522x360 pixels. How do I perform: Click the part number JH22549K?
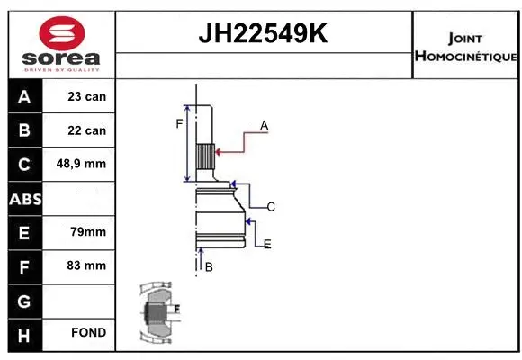(x=264, y=34)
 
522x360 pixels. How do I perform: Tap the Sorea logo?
(x=61, y=44)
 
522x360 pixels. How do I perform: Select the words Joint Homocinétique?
(x=465, y=47)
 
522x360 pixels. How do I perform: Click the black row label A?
(x=24, y=96)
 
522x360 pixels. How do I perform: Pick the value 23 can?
(x=87, y=96)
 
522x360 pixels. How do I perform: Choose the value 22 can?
(x=87, y=130)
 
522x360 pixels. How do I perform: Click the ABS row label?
(x=24, y=199)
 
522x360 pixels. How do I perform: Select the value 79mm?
(x=87, y=232)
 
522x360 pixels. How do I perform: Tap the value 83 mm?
(x=87, y=266)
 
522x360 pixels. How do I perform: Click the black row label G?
(x=24, y=300)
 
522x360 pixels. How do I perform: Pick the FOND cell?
(x=87, y=333)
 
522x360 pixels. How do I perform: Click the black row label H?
(x=24, y=333)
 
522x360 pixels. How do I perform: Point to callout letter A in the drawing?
(x=264, y=126)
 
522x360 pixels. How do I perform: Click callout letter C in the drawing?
(x=270, y=207)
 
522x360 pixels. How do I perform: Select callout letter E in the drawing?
(x=267, y=244)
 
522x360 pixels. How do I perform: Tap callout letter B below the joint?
(x=209, y=267)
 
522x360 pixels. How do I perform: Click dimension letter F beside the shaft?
(x=179, y=123)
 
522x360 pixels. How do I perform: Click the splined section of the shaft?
(x=206, y=161)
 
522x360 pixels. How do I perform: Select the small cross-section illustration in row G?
(x=156, y=312)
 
